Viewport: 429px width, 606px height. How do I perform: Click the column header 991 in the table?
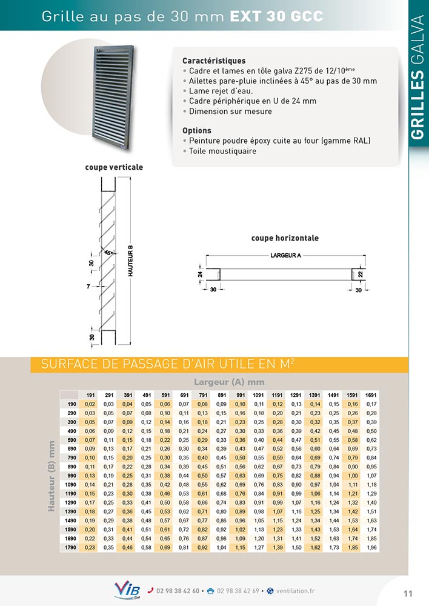pos(239,395)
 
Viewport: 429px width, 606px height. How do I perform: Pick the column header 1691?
pos(371,395)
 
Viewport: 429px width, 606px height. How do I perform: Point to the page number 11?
pos(408,593)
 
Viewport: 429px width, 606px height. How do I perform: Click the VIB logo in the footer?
pos(127,590)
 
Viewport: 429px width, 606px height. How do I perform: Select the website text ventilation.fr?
pos(294,591)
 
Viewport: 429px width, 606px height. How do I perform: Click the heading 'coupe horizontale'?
pos(285,238)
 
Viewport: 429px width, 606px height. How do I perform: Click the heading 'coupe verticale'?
pos(114,167)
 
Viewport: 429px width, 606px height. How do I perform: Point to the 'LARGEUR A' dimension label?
pos(285,256)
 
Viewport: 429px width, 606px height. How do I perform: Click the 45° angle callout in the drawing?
pos(107,251)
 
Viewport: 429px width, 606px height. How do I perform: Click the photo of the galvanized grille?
pos(113,91)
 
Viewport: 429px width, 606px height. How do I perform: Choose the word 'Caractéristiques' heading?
pos(214,61)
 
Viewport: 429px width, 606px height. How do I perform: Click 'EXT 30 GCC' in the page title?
pos(276,16)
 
